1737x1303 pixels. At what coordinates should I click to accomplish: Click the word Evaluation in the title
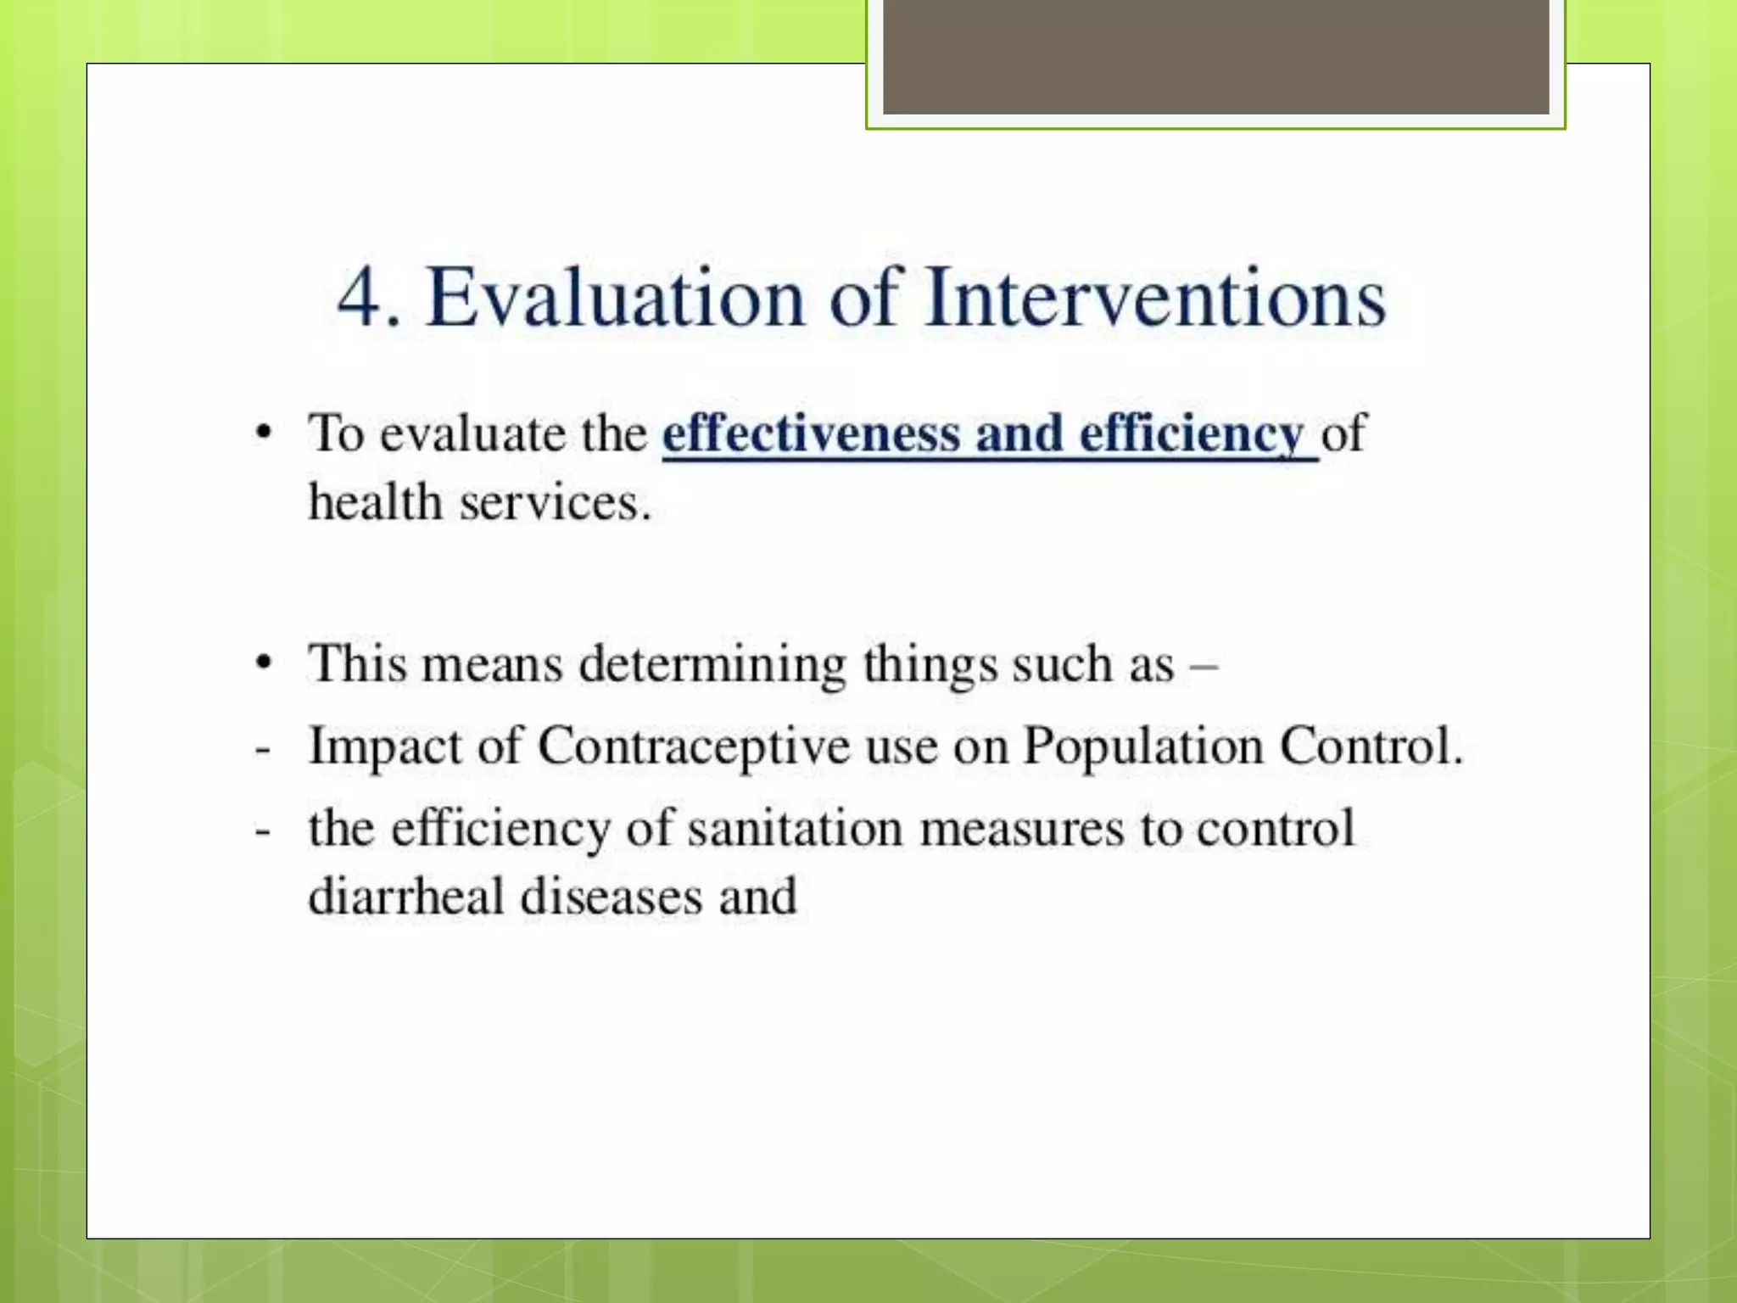(x=615, y=298)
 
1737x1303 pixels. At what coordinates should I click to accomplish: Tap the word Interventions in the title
(x=1155, y=298)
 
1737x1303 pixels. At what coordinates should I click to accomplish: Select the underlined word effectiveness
(x=810, y=433)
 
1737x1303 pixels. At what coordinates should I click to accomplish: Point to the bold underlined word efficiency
(x=1191, y=435)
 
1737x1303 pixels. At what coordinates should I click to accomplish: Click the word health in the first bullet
(x=375, y=502)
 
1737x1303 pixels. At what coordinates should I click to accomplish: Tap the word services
(x=555, y=503)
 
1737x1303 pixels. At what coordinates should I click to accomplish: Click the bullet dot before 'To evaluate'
(x=265, y=433)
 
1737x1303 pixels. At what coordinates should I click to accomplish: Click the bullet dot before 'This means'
(x=265, y=663)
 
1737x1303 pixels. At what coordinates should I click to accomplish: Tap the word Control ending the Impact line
(x=1370, y=746)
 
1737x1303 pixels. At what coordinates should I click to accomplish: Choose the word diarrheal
(x=406, y=897)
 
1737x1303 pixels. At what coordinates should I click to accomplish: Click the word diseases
(x=611, y=897)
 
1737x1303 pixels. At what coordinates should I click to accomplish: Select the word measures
(x=1021, y=829)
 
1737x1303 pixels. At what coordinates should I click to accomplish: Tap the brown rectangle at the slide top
(x=1215, y=56)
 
